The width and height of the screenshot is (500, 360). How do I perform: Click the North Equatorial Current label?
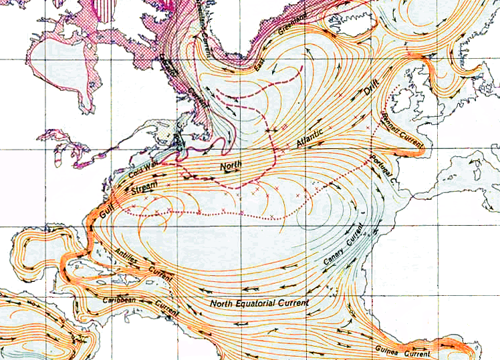[x=259, y=303]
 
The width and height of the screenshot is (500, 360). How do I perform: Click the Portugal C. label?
[x=384, y=167]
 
